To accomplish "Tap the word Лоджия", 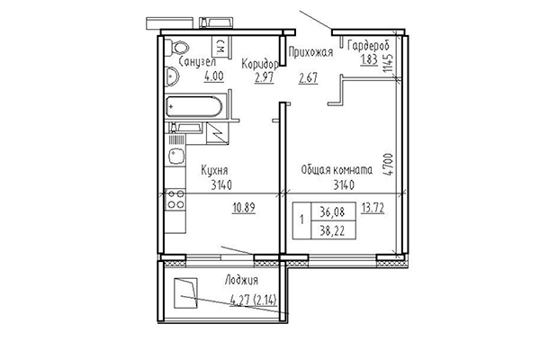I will (243, 281).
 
